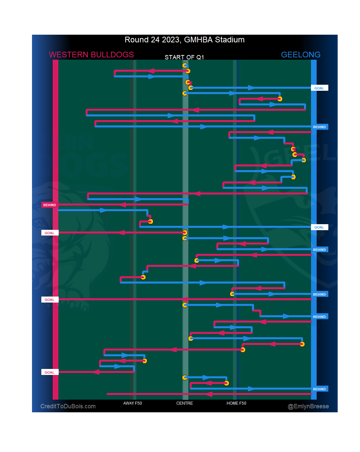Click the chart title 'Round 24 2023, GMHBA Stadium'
[x=184, y=40]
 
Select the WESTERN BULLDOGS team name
[x=91, y=55]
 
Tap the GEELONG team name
[x=300, y=55]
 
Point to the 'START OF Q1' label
[x=184, y=57]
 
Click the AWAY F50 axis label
[x=132, y=403]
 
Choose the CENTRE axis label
[x=184, y=403]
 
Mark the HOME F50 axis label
[x=236, y=403]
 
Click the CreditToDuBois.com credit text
[x=68, y=406]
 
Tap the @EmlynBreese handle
[x=308, y=406]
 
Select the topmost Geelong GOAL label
[x=319, y=88]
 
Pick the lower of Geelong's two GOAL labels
[x=319, y=227]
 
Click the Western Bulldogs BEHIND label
[x=50, y=205]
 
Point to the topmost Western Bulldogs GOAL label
[x=50, y=233]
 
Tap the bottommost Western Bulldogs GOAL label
[x=50, y=372]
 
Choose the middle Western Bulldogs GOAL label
[x=50, y=300]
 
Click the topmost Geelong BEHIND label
[x=319, y=127]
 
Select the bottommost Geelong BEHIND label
[x=319, y=389]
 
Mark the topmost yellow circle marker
[x=185, y=65]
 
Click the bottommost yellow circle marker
[x=226, y=383]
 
